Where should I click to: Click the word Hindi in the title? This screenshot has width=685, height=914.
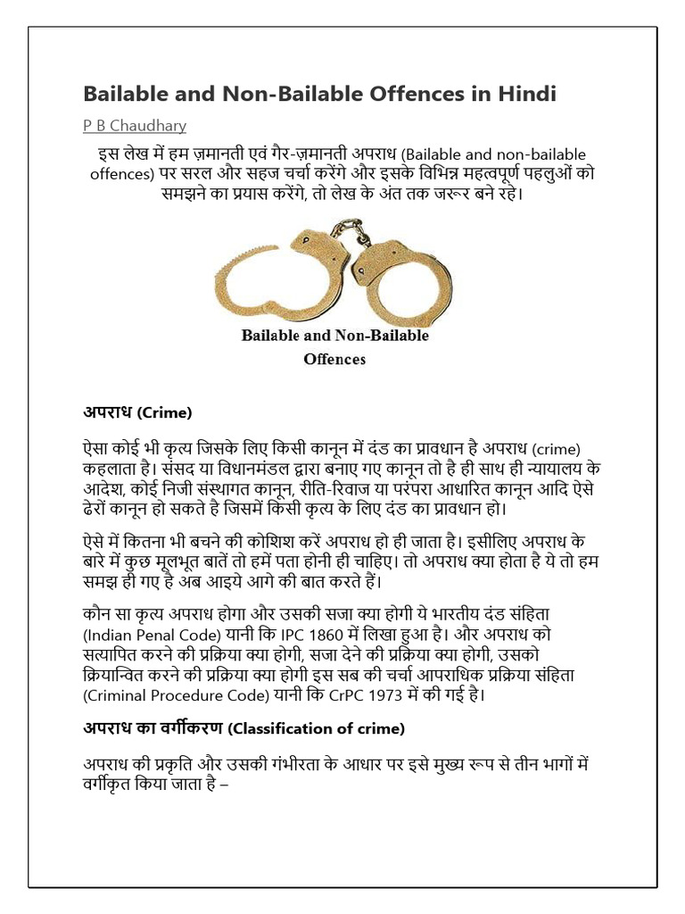[x=526, y=94]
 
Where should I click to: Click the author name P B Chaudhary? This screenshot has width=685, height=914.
[x=135, y=125]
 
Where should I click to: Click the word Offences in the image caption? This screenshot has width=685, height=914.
[x=334, y=359]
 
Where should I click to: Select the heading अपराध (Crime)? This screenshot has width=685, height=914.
[x=138, y=412]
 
